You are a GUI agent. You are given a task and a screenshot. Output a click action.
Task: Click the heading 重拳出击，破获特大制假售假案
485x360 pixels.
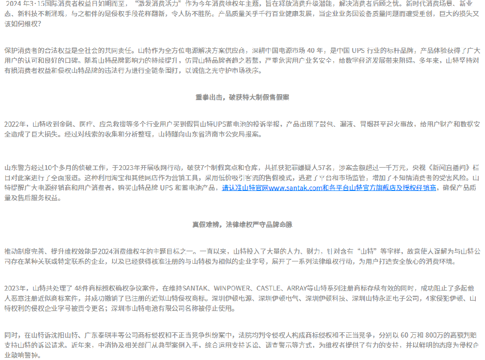pyautogui.click(x=242, y=97)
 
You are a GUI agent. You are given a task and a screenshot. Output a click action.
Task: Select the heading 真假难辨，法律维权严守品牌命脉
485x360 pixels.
pyautogui.click(x=242, y=224)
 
